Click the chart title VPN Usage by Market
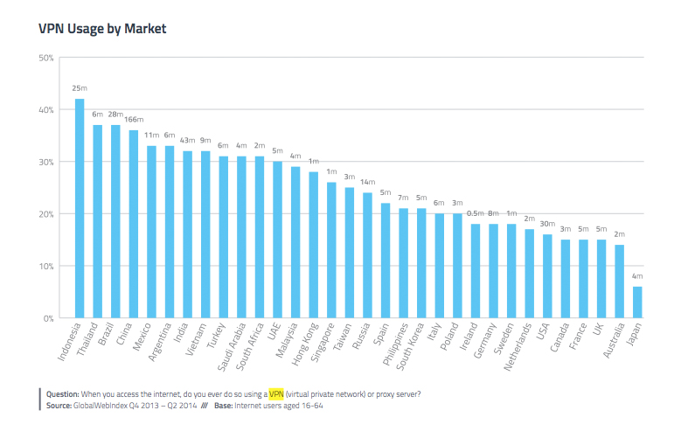tap(102, 29)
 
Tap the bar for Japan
tap(637, 302)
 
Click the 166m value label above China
tap(134, 120)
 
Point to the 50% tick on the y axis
tap(46, 58)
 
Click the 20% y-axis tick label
tap(46, 214)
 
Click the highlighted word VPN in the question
tap(276, 393)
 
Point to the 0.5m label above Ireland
tap(476, 213)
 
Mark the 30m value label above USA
tap(547, 224)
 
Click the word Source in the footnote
tap(59, 406)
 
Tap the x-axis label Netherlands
tap(518, 344)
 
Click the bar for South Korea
tap(421, 263)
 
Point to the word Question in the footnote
tap(63, 393)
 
